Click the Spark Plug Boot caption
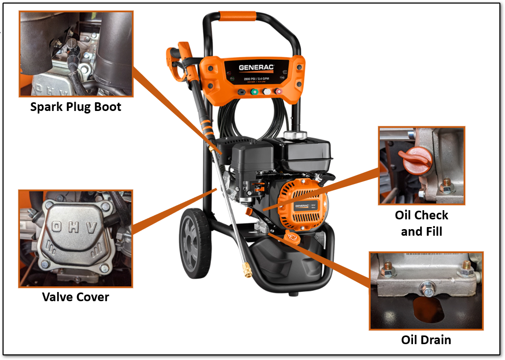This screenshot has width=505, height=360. (x=76, y=107)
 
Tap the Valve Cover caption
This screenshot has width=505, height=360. (x=76, y=297)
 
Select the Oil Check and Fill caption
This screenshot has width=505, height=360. (x=422, y=223)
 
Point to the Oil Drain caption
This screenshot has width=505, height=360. (x=426, y=340)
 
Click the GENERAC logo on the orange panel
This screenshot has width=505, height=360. (x=256, y=67)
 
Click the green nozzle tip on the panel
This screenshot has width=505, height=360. (x=254, y=92)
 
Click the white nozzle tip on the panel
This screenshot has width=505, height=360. (x=267, y=92)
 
